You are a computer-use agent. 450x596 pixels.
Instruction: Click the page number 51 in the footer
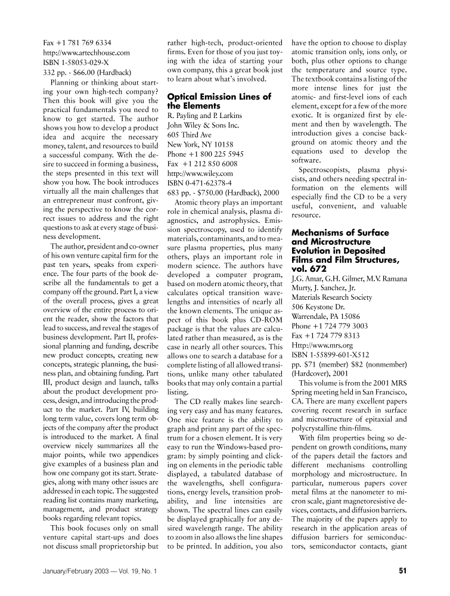tap(402, 571)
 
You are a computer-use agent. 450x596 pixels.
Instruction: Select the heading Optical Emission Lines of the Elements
tap(219, 101)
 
